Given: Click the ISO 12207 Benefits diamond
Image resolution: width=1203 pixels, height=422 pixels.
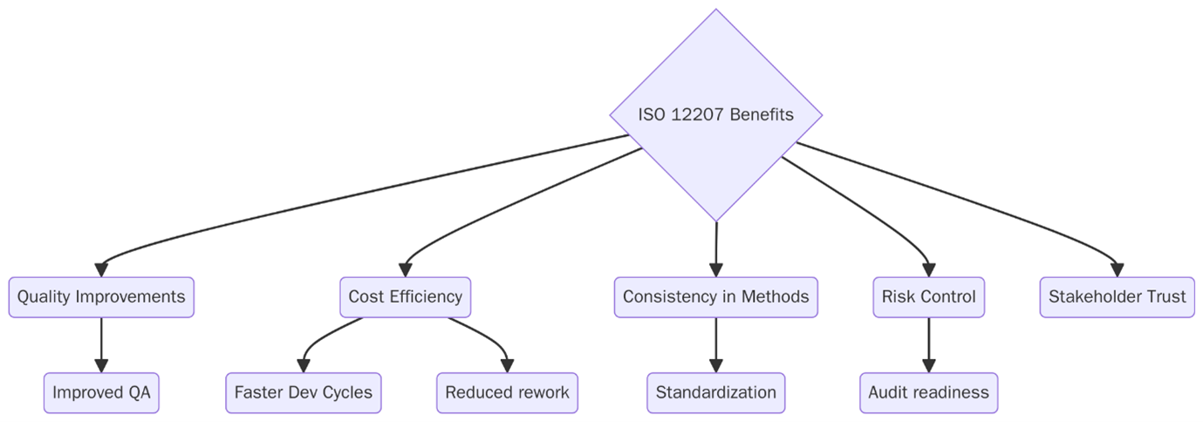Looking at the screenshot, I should pyautogui.click(x=715, y=115).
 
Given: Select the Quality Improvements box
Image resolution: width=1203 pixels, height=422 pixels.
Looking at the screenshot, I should pyautogui.click(x=101, y=297).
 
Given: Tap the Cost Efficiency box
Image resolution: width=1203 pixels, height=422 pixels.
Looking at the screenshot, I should pyautogui.click(x=405, y=297).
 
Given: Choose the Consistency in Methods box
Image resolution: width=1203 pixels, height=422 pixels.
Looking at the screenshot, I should pyautogui.click(x=715, y=297).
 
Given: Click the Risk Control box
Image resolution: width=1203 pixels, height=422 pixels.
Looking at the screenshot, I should pyautogui.click(x=928, y=297).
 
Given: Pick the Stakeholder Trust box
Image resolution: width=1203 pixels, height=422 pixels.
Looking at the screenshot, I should pyautogui.click(x=1117, y=297).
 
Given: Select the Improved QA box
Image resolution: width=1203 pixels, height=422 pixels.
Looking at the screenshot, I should pyautogui.click(x=101, y=392).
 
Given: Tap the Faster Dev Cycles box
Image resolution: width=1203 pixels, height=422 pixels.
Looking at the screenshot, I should pyautogui.click(x=303, y=392).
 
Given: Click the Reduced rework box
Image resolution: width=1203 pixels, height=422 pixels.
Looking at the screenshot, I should pyautogui.click(x=507, y=392).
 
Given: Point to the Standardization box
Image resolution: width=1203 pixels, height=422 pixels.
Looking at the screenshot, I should pyautogui.click(x=715, y=392).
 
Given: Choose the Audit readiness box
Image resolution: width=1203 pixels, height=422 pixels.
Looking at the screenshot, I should pyautogui.click(x=928, y=392).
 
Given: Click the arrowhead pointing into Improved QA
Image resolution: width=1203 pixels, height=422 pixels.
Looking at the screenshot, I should pyautogui.click(x=101, y=365).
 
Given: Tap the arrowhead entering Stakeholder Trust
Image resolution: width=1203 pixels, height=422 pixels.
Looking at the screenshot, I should pyautogui.click(x=1117, y=269).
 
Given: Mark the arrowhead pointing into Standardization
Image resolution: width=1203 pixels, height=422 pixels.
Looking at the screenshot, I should pyautogui.click(x=715, y=365).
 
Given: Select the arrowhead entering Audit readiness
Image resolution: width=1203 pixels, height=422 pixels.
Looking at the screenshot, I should pyautogui.click(x=928, y=365).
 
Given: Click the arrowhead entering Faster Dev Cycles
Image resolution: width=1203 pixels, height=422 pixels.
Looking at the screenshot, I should pyautogui.click(x=304, y=365).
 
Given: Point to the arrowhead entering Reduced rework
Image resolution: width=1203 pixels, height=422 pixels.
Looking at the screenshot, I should pyautogui.click(x=507, y=365).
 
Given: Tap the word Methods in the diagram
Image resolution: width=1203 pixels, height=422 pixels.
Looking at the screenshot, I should pyautogui.click(x=775, y=297).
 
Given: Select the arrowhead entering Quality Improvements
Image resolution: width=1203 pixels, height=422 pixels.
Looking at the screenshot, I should pyautogui.click(x=101, y=269).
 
